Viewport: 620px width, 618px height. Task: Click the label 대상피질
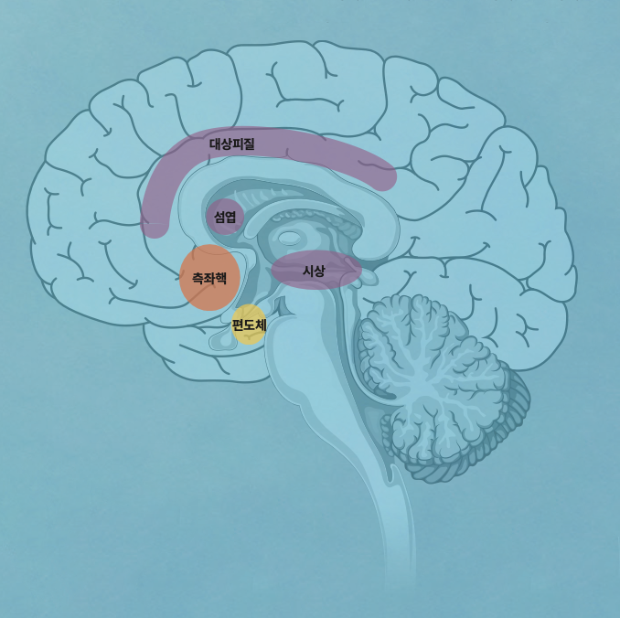click(x=231, y=144)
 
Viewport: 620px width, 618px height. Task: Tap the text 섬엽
click(x=225, y=217)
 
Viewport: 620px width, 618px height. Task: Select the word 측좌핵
click(x=209, y=278)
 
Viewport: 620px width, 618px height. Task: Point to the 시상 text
click(x=314, y=271)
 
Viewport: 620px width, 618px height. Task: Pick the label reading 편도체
click(x=249, y=325)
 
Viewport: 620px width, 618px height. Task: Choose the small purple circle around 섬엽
click(x=225, y=205)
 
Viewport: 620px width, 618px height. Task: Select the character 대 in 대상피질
click(x=215, y=144)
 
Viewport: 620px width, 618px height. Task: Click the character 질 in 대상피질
click(x=249, y=144)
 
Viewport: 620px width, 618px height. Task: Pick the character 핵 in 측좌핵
click(x=220, y=278)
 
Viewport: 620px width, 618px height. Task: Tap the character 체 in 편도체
click(x=261, y=325)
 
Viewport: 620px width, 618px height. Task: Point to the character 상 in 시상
click(x=319, y=271)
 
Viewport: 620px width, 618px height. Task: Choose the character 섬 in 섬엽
click(x=219, y=217)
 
